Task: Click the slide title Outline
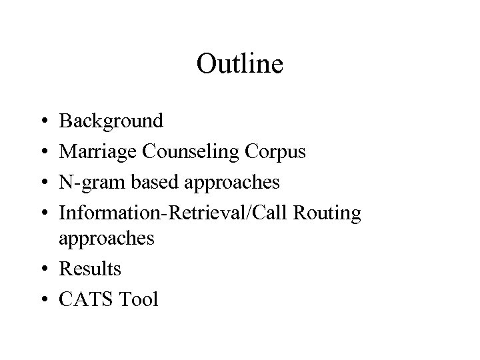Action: tap(240, 64)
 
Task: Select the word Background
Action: tap(111, 121)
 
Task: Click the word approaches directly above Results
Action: tap(107, 239)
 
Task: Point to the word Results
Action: tap(90, 269)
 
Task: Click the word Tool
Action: tap(137, 299)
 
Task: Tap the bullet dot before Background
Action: tap(43, 122)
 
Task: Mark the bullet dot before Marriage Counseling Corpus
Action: tap(43, 153)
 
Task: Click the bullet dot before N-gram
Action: tap(43, 183)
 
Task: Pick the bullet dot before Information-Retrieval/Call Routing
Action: tap(43, 213)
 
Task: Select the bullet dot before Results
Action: tap(43, 270)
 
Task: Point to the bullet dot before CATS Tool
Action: tap(43, 300)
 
